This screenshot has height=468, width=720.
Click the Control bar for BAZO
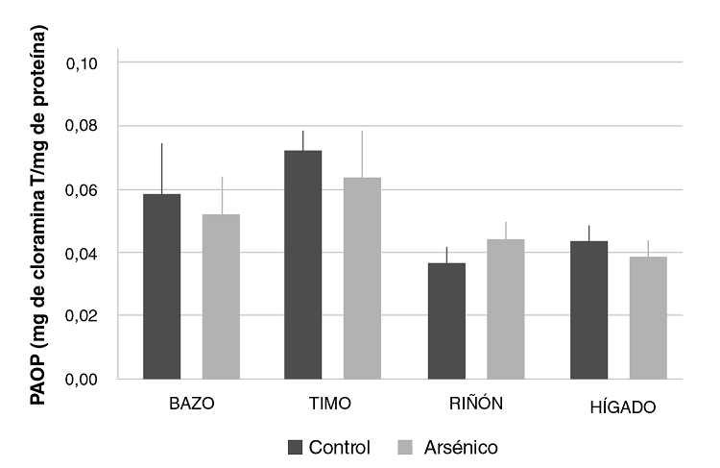161,286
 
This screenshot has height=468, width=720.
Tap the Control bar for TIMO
303,264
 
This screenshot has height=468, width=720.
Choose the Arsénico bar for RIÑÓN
505,308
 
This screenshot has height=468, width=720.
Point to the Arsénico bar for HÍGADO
648,317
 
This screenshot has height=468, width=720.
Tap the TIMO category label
333,405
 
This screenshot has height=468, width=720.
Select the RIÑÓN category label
475,405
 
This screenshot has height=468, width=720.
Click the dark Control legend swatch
296,447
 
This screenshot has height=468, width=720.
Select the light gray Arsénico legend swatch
403,447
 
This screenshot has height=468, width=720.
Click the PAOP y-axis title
39,216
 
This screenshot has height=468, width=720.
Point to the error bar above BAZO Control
161,168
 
